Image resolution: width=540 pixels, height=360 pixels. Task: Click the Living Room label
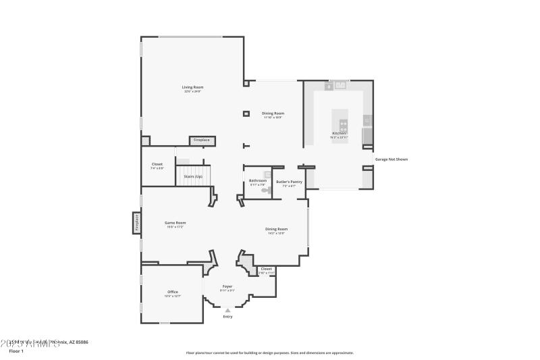pos(192,87)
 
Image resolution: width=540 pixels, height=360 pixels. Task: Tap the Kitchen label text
pos(338,134)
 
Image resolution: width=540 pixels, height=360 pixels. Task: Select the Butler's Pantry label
pos(289,181)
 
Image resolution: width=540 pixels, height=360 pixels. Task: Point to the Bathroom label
pos(258,180)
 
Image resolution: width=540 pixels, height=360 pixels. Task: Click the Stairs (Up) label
pos(194,176)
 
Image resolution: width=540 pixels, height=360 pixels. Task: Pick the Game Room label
pos(175,222)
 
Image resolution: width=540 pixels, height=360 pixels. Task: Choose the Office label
pos(173,292)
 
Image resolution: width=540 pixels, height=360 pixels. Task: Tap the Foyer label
pos(227,286)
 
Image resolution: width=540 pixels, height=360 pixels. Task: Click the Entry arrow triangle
pos(227,310)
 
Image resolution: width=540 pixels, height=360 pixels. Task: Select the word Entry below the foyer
pos(227,316)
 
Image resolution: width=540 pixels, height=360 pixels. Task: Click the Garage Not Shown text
pos(391,159)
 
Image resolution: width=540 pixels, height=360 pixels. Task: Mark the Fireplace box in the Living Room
pos(202,140)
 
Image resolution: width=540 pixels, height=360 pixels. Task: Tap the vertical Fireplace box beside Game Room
pos(136,222)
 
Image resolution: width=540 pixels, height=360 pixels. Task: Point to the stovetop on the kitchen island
pos(344,124)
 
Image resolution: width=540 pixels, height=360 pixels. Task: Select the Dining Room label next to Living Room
pos(273,113)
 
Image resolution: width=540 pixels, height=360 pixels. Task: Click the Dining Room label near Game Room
pos(276,229)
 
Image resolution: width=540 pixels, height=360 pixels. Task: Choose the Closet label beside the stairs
pos(157,164)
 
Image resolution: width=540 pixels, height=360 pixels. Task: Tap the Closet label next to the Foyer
pos(266,269)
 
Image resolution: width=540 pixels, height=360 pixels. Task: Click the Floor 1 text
pos(16,351)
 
